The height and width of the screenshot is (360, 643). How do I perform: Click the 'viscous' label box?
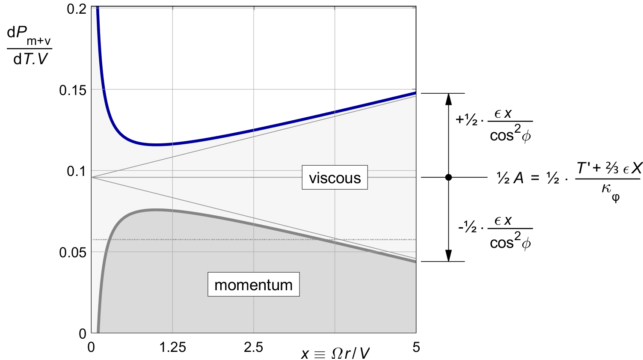coord(335,177)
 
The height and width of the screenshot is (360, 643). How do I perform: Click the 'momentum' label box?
coord(253,284)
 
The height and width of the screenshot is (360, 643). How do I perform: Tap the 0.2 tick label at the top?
coord(77,9)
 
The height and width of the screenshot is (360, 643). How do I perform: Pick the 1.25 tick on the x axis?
coord(172,347)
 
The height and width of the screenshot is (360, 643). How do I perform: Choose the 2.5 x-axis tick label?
coord(253,347)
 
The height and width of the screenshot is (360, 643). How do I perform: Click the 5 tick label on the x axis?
coord(416,347)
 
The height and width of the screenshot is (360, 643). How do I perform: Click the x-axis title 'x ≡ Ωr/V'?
coord(335,353)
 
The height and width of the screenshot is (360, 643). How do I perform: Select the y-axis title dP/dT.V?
coord(29,45)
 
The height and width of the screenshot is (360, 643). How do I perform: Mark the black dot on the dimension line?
coord(448,177)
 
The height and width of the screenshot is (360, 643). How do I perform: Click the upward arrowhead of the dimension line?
coord(448,98)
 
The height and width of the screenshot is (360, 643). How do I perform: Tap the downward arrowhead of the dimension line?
coord(448,256)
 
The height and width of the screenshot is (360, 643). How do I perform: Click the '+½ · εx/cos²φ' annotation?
coord(494,125)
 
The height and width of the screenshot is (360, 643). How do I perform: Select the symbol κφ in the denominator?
coord(610,190)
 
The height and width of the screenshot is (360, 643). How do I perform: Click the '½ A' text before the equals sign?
coord(510,178)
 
